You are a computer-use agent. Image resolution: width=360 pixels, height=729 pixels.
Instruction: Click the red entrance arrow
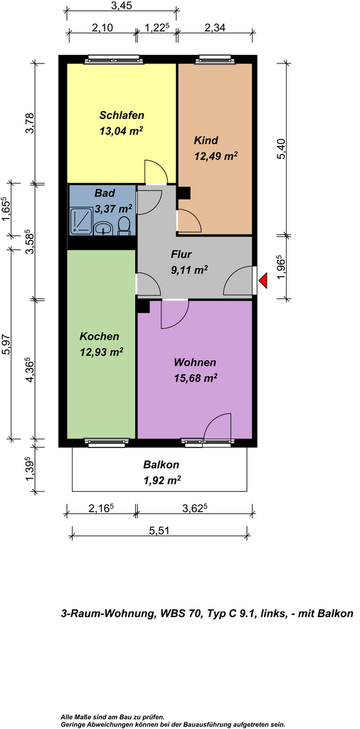263,280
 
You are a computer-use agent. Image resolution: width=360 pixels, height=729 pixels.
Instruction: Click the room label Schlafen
122,115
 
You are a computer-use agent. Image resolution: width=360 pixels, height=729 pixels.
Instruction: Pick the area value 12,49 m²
216,156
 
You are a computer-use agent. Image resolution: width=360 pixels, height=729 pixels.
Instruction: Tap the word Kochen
100,336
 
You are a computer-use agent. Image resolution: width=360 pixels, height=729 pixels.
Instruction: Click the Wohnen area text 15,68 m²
196,377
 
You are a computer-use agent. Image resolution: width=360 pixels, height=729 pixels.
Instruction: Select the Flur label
181,254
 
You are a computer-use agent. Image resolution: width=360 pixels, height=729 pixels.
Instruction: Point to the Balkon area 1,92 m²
162,480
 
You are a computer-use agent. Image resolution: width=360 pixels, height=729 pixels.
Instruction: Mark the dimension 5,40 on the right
280,150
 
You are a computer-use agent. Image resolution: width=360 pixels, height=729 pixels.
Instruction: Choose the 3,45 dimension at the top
122,6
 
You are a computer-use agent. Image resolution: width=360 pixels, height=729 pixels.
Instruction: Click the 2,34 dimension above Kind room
214,27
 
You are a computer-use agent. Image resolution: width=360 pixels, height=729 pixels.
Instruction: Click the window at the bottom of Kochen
107,442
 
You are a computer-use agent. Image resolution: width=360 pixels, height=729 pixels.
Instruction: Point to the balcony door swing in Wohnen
218,426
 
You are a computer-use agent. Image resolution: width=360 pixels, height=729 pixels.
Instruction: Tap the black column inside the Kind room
185,193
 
